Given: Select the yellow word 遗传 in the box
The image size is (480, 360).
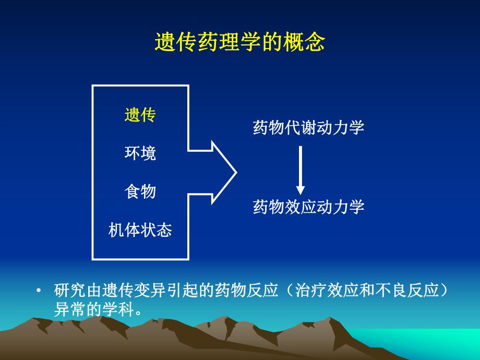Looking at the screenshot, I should [x=140, y=115].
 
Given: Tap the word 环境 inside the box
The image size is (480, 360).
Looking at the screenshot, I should [x=140, y=153].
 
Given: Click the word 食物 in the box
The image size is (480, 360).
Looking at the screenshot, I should [x=140, y=191].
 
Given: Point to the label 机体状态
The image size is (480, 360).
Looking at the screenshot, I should [x=140, y=230].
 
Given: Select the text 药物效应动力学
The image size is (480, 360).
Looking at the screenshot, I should [x=308, y=207].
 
